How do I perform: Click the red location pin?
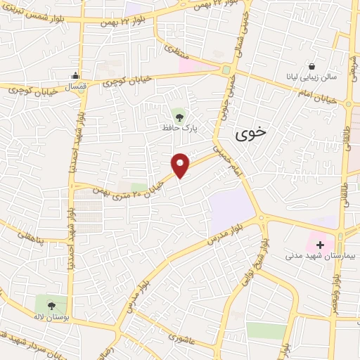point(181,165)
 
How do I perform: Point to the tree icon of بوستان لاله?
point(51,305)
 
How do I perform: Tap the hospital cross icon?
point(321,245)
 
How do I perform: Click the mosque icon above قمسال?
point(75,76)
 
